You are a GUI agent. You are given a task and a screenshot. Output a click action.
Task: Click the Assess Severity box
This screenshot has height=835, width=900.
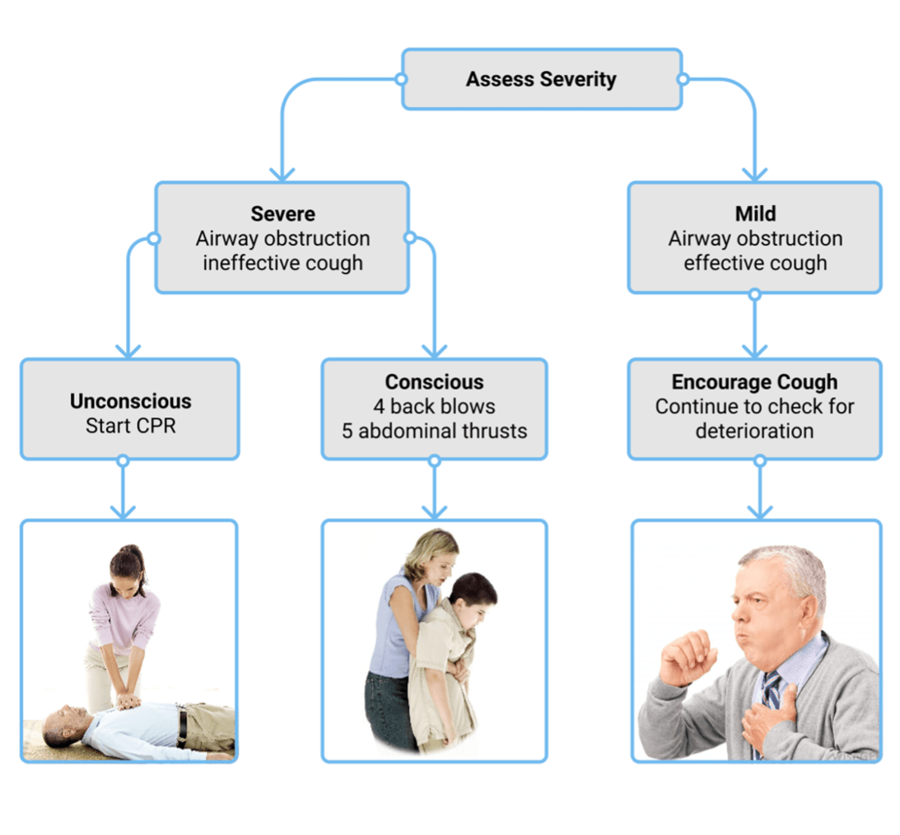coord(541,79)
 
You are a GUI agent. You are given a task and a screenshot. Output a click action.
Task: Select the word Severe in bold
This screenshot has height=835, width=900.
coord(282,214)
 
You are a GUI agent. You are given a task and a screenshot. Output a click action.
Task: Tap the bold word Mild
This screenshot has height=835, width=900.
coord(755,214)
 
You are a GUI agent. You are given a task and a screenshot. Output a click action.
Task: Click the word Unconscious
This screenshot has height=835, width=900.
coord(130,402)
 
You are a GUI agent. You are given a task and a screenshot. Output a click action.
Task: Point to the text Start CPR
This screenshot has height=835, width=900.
coord(130,427)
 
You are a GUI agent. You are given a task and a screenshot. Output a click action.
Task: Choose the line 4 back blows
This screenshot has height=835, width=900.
coord(434,407)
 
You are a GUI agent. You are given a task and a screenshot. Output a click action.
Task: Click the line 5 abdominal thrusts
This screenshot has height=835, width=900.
coord(434,431)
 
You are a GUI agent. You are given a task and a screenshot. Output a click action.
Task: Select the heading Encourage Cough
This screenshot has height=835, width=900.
coord(754,382)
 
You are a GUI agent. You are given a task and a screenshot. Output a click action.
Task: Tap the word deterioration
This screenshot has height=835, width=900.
coord(754,431)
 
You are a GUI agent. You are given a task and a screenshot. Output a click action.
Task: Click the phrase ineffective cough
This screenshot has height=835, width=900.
coord(282,264)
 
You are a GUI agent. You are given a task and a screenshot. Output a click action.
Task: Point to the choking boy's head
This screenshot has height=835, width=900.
coord(473,597)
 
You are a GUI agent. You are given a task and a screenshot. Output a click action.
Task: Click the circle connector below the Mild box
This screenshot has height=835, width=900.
coord(755,294)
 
